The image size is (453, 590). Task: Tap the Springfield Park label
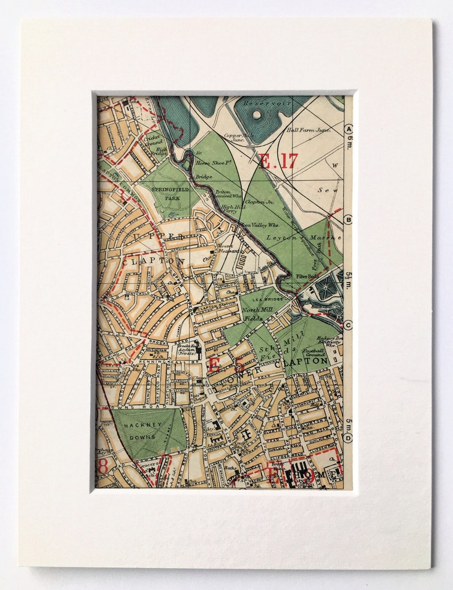(x=169, y=192)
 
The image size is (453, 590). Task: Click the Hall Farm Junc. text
(x=309, y=130)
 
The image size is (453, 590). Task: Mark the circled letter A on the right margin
(x=349, y=129)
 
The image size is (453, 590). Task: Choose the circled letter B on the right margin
(x=349, y=219)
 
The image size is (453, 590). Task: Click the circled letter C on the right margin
(x=349, y=325)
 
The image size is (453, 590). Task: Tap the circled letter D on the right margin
(x=349, y=438)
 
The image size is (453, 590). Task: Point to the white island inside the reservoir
(x=257, y=115)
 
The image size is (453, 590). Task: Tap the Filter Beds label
(x=306, y=276)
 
